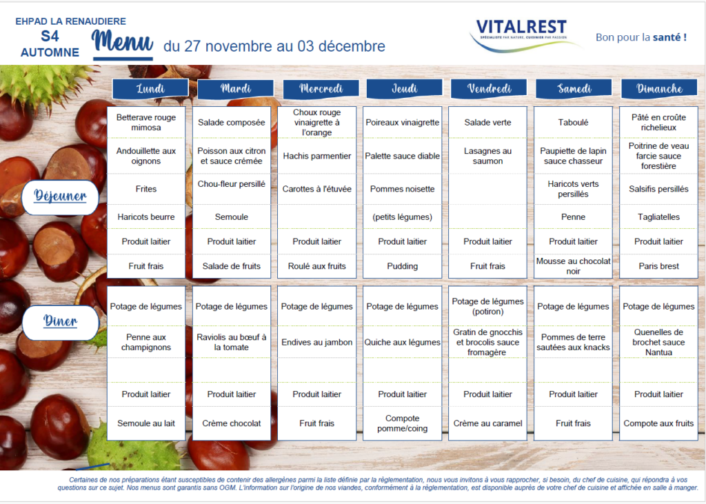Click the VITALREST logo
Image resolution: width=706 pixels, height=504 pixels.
(523, 34)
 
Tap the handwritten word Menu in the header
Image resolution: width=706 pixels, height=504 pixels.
(123, 41)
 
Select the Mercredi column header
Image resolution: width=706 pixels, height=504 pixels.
(321, 88)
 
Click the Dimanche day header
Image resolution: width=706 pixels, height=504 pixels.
(659, 88)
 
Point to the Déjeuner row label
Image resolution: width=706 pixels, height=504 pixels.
(61, 196)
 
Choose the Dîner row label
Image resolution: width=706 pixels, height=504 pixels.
(61, 321)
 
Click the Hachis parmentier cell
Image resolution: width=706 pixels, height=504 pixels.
(317, 156)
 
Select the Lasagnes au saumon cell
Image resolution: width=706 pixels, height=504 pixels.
(487, 156)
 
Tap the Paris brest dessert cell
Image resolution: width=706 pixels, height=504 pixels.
(658, 266)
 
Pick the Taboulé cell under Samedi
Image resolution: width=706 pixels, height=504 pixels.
(573, 123)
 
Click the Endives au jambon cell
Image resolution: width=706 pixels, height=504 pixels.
(317, 342)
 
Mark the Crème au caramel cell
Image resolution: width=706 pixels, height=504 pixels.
(487, 423)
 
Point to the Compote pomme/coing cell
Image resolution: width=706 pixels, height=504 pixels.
(403, 423)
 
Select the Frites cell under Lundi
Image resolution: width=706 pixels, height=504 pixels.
(146, 189)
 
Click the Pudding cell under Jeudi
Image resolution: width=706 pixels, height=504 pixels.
(403, 266)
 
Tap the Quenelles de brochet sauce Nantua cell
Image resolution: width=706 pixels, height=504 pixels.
(658, 342)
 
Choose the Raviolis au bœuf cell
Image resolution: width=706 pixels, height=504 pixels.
(232, 342)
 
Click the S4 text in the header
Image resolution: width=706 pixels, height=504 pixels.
(50, 37)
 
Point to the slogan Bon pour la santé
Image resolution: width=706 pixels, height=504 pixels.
(641, 37)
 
